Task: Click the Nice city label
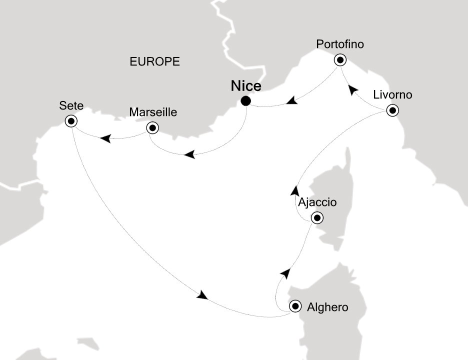pos(245,86)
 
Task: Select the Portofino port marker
pos(340,60)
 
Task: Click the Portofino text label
pos(340,44)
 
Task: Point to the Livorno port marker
pos(393,111)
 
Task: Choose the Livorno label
pos(392,95)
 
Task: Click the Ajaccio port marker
pos(316,218)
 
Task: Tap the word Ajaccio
pos(316,202)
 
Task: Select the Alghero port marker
pos(295,306)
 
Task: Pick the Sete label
pos(71,105)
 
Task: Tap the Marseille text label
pos(152,112)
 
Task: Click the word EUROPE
pos(154,61)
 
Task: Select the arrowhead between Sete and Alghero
pos(202,295)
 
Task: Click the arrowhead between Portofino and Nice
pos(292,101)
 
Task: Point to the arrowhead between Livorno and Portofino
pos(353,90)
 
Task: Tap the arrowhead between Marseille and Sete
pos(105,138)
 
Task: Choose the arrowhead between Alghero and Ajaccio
pos(285,272)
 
